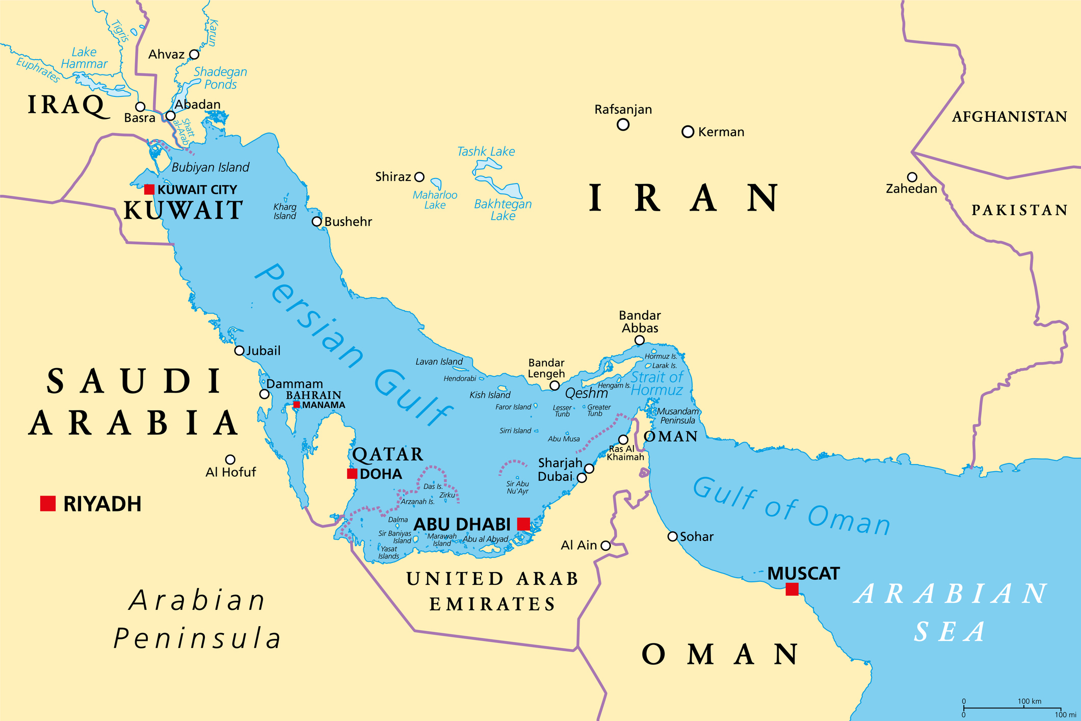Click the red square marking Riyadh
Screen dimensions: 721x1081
coord(48,503)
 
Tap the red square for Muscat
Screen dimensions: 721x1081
coord(792,589)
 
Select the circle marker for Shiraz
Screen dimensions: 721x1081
coord(419,177)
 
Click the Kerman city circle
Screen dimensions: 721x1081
coord(688,132)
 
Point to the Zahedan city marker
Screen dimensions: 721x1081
coord(912,177)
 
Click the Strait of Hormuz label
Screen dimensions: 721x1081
coord(656,383)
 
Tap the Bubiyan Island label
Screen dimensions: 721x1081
coord(210,167)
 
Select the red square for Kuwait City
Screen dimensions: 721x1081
coord(149,190)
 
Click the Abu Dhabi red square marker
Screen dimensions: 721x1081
coord(523,524)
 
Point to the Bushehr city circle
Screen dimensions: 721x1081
coord(317,222)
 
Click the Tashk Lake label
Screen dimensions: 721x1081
coord(486,151)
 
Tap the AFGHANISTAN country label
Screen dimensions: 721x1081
coord(1009,117)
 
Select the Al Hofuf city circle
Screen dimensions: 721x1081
coord(230,459)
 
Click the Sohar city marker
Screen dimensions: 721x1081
coord(672,536)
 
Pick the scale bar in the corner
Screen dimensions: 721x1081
coord(1012,708)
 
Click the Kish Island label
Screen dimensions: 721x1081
coord(490,395)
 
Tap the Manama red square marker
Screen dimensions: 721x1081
coord(296,405)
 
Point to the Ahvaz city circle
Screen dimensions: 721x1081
coord(194,55)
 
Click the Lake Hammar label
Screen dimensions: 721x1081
coord(84,58)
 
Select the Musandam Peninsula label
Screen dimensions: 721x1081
coord(678,416)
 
